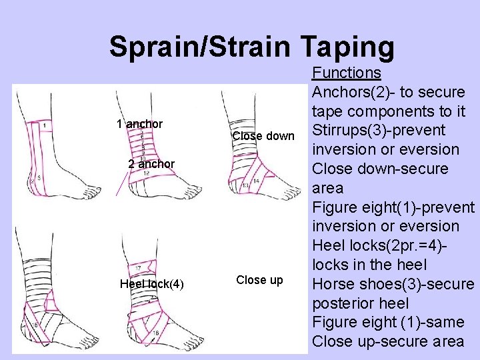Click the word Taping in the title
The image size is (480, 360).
point(347,47)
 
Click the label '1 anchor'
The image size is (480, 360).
point(139,124)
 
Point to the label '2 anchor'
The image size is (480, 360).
point(151,164)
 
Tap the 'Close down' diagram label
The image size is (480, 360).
point(263,136)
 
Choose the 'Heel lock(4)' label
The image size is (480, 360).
point(151,284)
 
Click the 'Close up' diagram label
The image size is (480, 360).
point(259,280)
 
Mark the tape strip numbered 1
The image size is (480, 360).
point(43,125)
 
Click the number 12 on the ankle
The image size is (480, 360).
point(145,173)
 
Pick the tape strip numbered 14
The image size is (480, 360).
point(256,181)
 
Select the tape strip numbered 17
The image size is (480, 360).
point(137,269)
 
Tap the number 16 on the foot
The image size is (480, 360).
point(155,331)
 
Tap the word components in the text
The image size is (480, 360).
point(390,110)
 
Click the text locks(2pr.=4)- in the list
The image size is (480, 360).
point(377,265)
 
